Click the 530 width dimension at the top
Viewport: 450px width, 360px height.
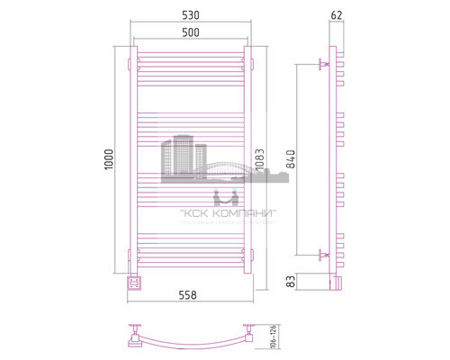point(190,15)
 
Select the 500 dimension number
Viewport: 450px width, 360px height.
point(190,32)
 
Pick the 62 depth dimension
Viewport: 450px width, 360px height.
point(337,15)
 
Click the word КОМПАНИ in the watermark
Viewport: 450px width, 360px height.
point(244,212)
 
